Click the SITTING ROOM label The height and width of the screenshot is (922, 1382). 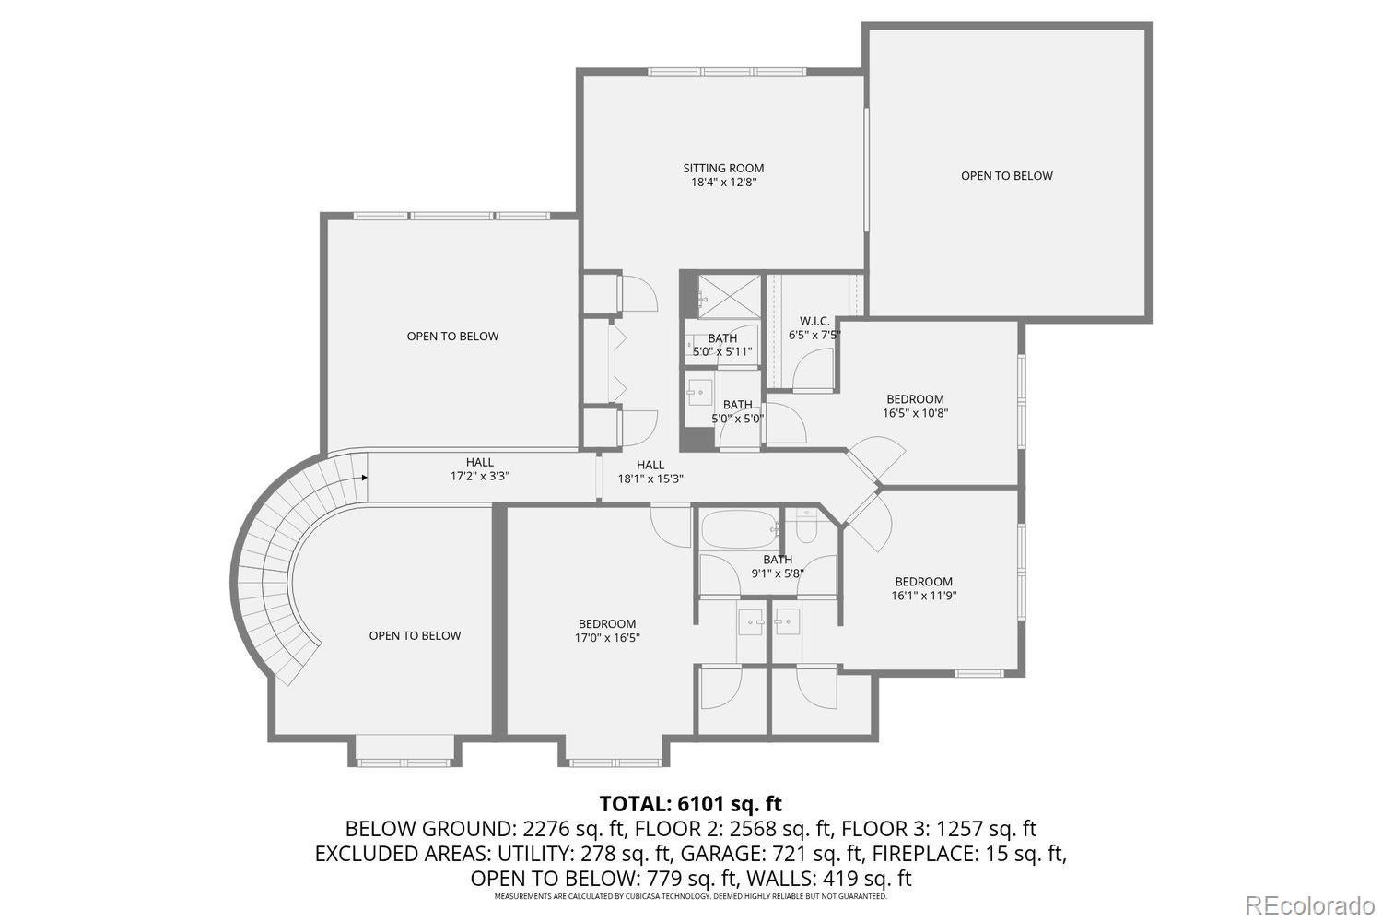[723, 168]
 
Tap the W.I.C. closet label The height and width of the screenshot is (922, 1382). [814, 321]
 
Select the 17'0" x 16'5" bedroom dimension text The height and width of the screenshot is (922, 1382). [607, 637]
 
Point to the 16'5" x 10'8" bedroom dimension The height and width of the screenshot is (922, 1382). [915, 413]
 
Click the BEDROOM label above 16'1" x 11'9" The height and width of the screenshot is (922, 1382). [923, 581]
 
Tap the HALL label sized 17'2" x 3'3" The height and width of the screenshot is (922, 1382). [479, 462]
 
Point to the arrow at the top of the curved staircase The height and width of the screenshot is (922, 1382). [365, 478]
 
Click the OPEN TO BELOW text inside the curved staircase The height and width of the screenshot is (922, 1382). [415, 635]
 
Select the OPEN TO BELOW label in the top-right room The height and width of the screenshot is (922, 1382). [1006, 175]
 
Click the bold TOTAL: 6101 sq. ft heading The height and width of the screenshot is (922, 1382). [690, 803]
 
